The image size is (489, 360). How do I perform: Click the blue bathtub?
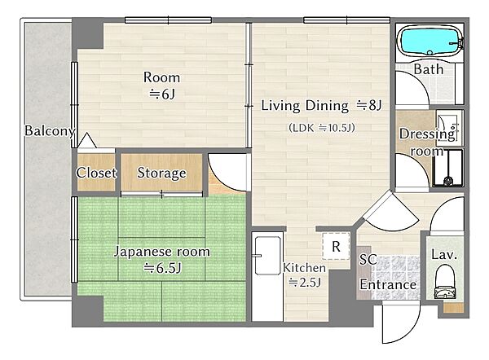click(x=430, y=41)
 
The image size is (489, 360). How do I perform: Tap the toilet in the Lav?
click(x=445, y=282)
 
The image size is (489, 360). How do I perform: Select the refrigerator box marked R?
click(x=336, y=246)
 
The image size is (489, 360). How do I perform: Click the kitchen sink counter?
click(x=267, y=276)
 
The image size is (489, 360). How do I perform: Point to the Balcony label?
click(x=50, y=131)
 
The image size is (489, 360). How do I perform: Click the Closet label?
click(x=96, y=173)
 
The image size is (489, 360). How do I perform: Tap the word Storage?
click(x=161, y=173)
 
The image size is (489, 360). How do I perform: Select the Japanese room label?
click(x=162, y=252)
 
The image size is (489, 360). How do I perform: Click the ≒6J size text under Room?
click(x=162, y=94)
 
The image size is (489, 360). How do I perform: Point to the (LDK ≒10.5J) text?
click(x=322, y=128)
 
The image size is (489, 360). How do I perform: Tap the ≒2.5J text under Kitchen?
click(x=305, y=283)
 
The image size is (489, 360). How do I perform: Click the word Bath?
click(x=429, y=69)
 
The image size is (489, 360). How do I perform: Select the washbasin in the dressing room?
click(x=447, y=128)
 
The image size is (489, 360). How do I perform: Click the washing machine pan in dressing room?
click(x=447, y=169)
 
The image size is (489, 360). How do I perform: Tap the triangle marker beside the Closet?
click(x=86, y=140)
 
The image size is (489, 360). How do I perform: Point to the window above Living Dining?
click(x=347, y=20)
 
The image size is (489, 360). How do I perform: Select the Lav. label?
click(x=444, y=255)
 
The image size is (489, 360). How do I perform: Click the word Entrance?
click(x=388, y=284)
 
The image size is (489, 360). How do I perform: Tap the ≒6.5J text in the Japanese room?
click(x=162, y=268)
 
